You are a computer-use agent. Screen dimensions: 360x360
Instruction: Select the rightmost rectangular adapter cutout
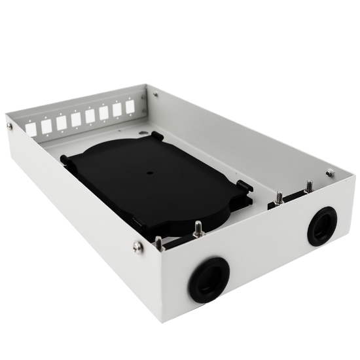(x=132, y=108)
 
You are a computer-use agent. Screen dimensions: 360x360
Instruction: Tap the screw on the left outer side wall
(x=9, y=126)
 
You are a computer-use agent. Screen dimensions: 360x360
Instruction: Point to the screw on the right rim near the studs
(x=330, y=173)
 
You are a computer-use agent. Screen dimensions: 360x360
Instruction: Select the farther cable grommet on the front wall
(x=322, y=226)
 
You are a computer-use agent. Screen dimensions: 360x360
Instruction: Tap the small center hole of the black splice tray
(x=149, y=174)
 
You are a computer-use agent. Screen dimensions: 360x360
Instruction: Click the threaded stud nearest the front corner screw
(x=157, y=243)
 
